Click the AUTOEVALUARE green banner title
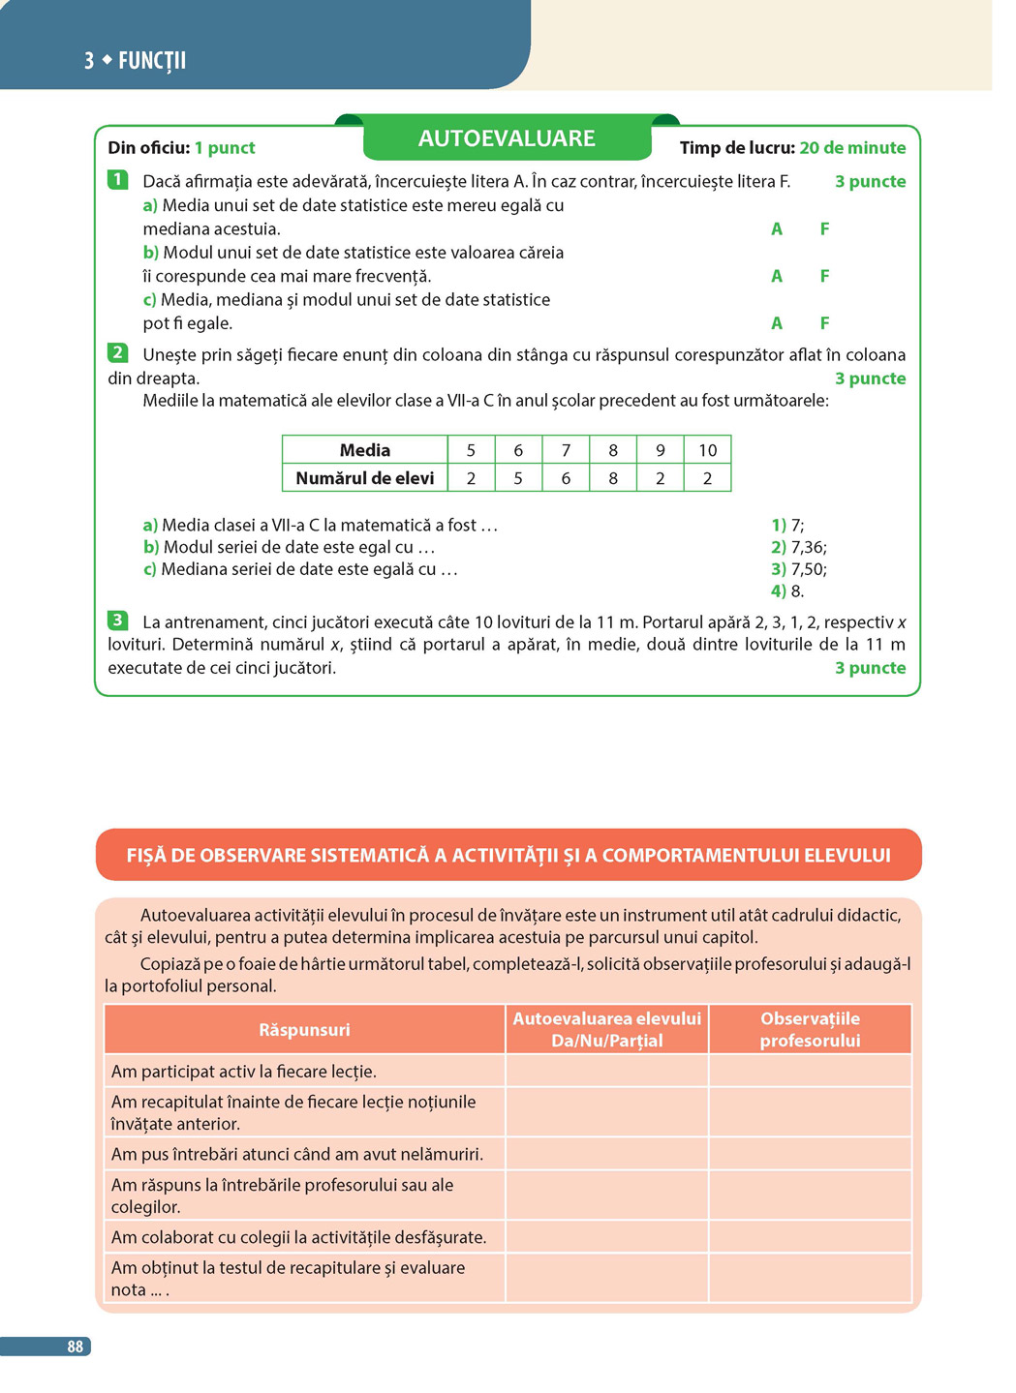coord(507,138)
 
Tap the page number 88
coord(75,1347)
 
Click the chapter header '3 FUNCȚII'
coord(136,61)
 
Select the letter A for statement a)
coord(777,229)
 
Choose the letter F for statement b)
coord(824,277)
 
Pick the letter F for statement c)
coord(824,323)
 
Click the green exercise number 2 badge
coord(117,353)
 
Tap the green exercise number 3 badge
coord(117,621)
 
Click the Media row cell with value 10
coord(707,450)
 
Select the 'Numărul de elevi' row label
coord(364,478)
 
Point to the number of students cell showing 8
coord(613,478)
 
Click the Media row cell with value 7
coord(566,450)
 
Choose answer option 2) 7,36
coord(799,547)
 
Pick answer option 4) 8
coord(787,591)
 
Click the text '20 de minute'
coord(852,148)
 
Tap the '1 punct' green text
coord(225,148)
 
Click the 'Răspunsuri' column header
coord(304,1030)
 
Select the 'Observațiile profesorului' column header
coord(810,1030)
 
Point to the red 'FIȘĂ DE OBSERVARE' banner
coord(508,856)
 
